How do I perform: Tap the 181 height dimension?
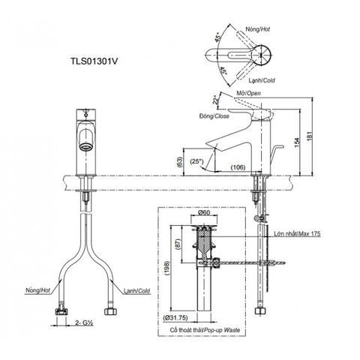(319, 134)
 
